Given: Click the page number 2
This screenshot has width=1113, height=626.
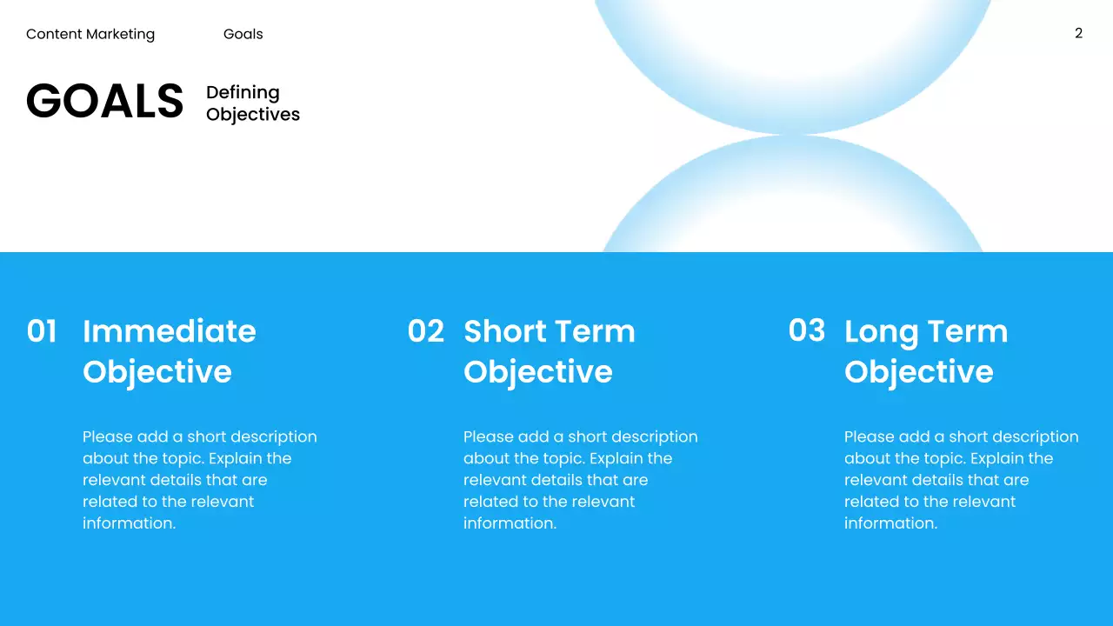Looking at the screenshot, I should click(1078, 34).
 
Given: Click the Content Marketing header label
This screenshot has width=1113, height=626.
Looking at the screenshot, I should click(90, 35).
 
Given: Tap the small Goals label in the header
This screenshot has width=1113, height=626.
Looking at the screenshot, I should click(243, 35).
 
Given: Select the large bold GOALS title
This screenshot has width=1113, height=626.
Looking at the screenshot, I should click(104, 102).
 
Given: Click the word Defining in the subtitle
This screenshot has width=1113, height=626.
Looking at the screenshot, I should click(243, 93).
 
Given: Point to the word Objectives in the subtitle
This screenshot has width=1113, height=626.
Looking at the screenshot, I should click(253, 115).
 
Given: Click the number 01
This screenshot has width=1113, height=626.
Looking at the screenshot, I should click(42, 331).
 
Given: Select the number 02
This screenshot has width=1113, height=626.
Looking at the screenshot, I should click(425, 331).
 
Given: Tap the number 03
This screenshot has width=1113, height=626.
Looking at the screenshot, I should click(806, 330).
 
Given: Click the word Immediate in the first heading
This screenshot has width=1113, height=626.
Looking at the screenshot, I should click(170, 331).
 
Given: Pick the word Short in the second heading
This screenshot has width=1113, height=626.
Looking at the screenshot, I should click(503, 331).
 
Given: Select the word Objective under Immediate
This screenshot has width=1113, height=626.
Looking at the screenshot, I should click(157, 372).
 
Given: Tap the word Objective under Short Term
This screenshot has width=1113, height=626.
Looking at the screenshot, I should click(538, 372).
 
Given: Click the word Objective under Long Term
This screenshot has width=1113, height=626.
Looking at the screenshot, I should click(919, 372).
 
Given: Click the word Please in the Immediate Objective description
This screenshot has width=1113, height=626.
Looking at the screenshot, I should click(107, 437).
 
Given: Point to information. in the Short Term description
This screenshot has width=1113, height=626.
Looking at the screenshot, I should click(510, 523).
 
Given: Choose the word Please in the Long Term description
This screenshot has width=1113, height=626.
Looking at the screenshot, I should click(869, 437).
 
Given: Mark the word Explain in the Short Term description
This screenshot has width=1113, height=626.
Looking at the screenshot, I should click(616, 458).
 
